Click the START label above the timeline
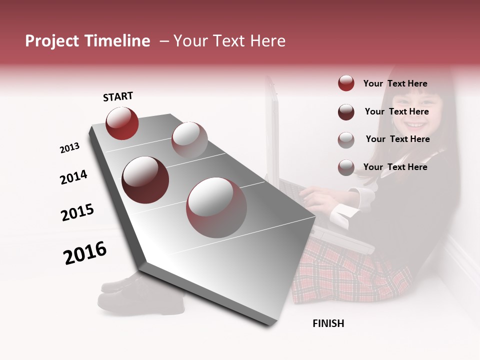tap(118, 96)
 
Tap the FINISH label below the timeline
tap(328, 323)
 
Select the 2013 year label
tap(69, 148)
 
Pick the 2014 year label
tap(73, 177)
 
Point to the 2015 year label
tap(77, 212)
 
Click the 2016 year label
tap(85, 253)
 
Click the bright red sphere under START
tap(122, 123)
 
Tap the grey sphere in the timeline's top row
tap(189, 139)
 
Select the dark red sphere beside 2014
tap(145, 180)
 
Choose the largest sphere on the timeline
tap(216, 207)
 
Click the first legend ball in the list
tap(346, 83)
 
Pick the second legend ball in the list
tap(346, 112)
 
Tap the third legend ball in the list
tap(346, 139)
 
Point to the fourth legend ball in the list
tap(346, 167)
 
